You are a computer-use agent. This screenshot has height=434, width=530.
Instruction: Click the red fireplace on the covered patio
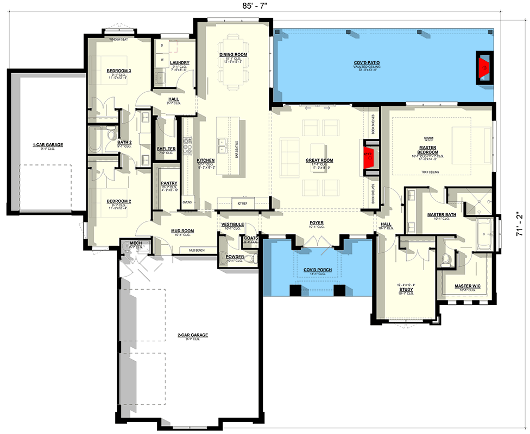click(484, 68)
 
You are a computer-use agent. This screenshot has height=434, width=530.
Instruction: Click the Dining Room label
click(234, 55)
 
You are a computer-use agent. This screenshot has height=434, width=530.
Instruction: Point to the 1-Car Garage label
click(48, 145)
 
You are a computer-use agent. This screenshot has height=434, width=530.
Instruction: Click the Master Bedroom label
click(428, 150)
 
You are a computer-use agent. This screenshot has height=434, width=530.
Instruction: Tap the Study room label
click(406, 290)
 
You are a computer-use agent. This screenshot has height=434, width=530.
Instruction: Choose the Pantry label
click(169, 183)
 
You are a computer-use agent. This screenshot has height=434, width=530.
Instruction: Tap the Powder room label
click(235, 257)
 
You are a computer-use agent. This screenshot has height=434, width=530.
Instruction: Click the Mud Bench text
click(196, 250)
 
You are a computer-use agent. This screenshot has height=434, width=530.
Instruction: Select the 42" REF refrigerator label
click(243, 203)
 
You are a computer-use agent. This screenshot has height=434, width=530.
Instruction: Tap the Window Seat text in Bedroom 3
click(118, 40)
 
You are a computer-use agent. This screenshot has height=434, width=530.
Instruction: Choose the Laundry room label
click(179, 63)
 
